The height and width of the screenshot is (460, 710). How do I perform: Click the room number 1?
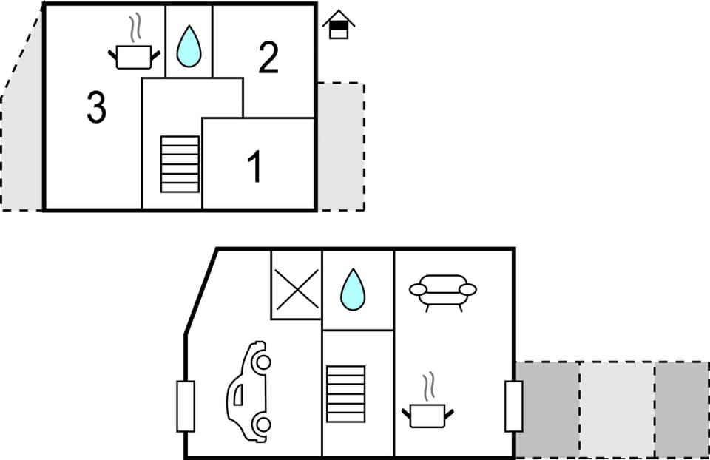(x=254, y=167)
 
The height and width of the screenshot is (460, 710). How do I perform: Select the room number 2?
(x=268, y=57)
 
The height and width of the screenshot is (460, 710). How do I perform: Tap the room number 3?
(x=96, y=108)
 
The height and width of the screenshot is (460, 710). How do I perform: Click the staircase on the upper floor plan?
(x=180, y=164)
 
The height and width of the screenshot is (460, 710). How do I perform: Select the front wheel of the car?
(x=261, y=362)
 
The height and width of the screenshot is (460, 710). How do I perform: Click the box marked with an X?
(x=297, y=288)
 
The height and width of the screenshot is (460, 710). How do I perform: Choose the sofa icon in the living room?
(x=442, y=291)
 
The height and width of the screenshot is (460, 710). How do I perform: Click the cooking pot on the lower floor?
(x=427, y=414)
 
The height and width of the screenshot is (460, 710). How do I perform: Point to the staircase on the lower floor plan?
(x=345, y=393)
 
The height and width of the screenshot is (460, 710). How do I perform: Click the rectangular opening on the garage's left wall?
(x=186, y=406)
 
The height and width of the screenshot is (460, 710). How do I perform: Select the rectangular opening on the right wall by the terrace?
(x=513, y=406)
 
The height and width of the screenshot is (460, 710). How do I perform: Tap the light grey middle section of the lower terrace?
(x=617, y=408)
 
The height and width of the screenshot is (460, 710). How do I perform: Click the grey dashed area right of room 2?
(x=340, y=146)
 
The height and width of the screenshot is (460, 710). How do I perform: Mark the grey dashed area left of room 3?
(x=22, y=148)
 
